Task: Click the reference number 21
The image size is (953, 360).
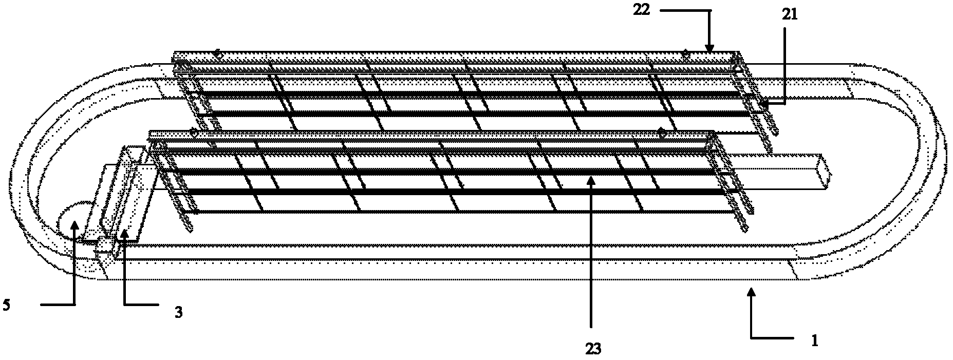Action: pyautogui.click(x=790, y=15)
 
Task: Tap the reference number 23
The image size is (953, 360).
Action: pyautogui.click(x=592, y=349)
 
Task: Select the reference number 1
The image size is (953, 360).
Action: pyautogui.click(x=814, y=342)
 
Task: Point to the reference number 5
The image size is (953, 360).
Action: pyautogui.click(x=6, y=305)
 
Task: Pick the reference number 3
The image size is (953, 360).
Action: pyautogui.click(x=178, y=312)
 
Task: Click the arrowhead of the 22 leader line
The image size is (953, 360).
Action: pyautogui.click(x=709, y=47)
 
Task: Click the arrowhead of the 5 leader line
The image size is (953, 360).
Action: pyautogui.click(x=75, y=224)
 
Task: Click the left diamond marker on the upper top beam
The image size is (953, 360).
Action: pyautogui.click(x=218, y=53)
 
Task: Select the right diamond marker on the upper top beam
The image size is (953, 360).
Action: pyautogui.click(x=685, y=53)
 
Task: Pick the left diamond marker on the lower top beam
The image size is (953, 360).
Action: pyautogui.click(x=194, y=133)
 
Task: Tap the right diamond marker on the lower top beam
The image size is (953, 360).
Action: pyautogui.click(x=662, y=133)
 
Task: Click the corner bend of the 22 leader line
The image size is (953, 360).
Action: pyautogui.click(x=709, y=10)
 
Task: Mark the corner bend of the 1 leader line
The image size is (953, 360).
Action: pyautogui.click(x=751, y=337)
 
